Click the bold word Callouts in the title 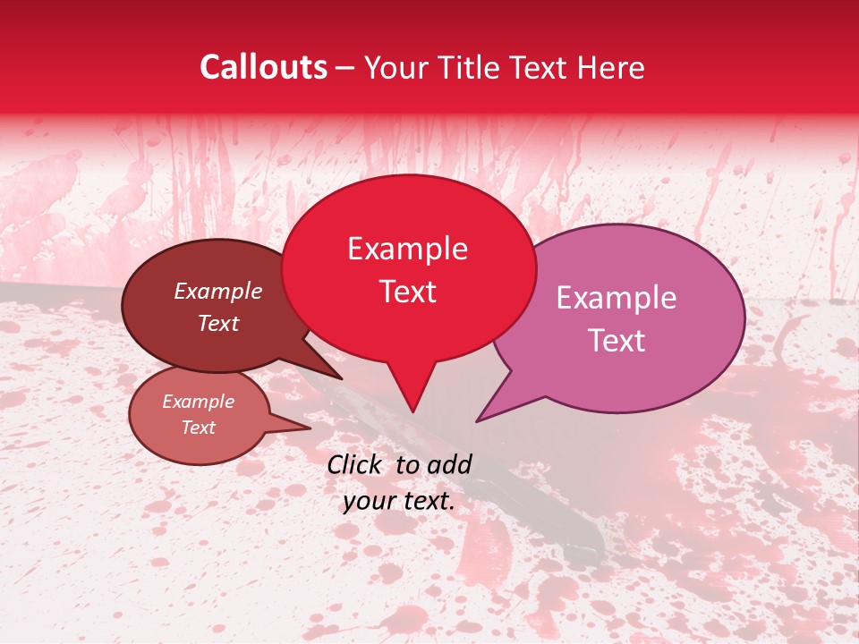click(x=263, y=67)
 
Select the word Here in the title click(x=614, y=67)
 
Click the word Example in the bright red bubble click(x=407, y=249)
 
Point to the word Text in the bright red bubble click(x=408, y=292)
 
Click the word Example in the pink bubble click(x=617, y=298)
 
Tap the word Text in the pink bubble click(x=617, y=341)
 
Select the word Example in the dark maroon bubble click(x=218, y=291)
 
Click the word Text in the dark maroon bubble click(x=218, y=323)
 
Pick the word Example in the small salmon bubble click(x=199, y=402)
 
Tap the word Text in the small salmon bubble click(x=199, y=428)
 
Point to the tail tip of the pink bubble click(x=478, y=420)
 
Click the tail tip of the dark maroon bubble click(x=340, y=378)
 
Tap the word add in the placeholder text click(x=450, y=464)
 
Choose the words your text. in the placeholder click(x=399, y=502)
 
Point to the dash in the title click(x=346, y=67)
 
